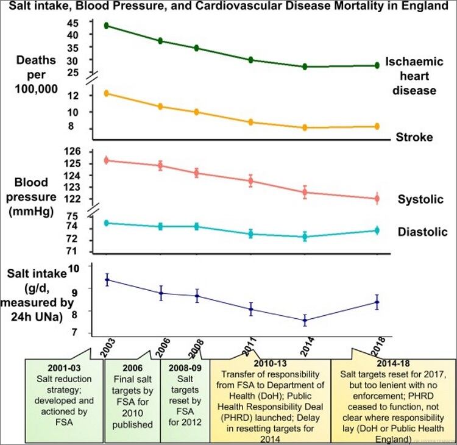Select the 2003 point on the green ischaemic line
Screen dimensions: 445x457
107,26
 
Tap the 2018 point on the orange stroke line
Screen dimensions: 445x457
376,126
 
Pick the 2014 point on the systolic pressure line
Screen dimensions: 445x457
305,192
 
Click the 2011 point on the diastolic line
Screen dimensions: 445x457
250,233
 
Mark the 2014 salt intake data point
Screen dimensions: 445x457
305,320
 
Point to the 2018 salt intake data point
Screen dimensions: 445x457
376,302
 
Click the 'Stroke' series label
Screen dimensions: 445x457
414,137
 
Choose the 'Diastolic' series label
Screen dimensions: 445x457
422,232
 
